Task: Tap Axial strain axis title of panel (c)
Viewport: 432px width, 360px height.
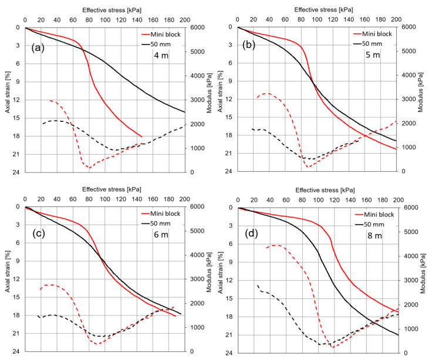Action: pos(8,279)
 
